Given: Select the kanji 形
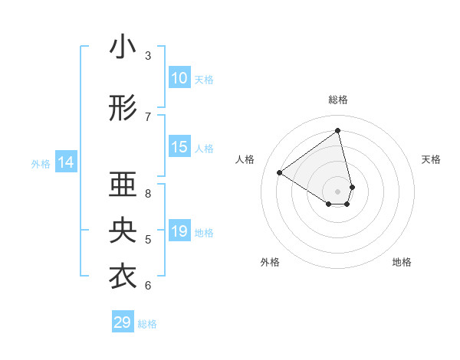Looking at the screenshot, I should [123, 110].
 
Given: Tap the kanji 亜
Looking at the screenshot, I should [123, 185].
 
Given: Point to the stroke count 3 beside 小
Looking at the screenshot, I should [148, 55].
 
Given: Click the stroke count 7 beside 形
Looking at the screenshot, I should [148, 116].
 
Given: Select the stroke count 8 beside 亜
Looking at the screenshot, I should [148, 192].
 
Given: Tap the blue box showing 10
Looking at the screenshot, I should [179, 78].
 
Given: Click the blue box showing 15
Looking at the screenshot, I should [179, 147].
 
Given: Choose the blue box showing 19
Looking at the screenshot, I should [179, 231].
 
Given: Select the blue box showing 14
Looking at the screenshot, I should [66, 162].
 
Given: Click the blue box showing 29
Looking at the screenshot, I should [123, 322].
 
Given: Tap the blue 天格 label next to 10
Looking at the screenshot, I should [204, 79].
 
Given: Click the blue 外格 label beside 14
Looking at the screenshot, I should [41, 163].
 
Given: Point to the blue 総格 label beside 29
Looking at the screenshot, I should [147, 323].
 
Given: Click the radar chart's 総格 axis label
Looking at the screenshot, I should [338, 100].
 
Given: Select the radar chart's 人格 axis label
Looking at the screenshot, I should [245, 159].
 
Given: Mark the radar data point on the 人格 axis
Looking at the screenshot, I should [280, 172].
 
